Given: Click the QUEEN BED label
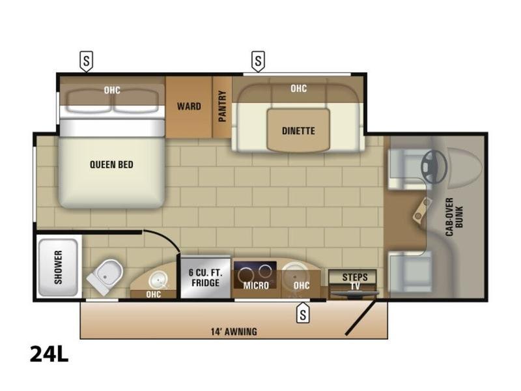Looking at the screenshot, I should [111, 165].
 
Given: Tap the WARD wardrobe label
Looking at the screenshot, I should [189, 106].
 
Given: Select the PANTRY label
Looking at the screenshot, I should [222, 106].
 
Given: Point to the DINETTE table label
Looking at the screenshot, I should [298, 131].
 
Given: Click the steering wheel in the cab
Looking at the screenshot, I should [434, 167].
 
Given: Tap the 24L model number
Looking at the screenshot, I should [49, 355].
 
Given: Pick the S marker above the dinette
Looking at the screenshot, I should [259, 61].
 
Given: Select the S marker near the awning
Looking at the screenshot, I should [303, 314].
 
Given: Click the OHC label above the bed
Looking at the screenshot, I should [112, 90].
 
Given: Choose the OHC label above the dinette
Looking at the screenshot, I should [298, 89].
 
